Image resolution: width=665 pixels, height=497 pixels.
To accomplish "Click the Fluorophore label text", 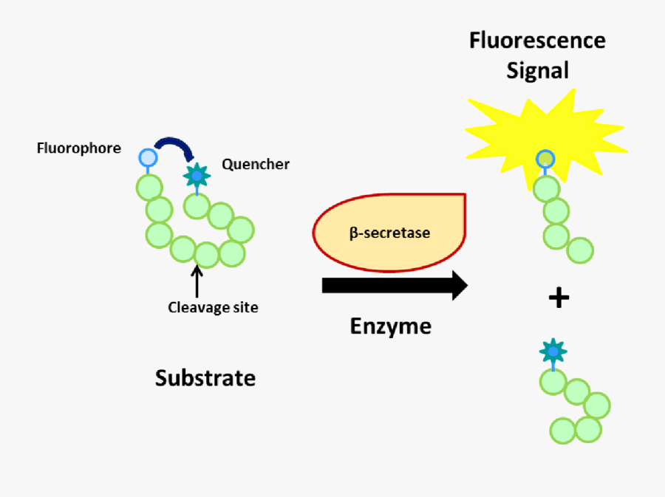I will [x=79, y=148].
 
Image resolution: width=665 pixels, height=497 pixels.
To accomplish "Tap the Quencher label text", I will [x=256, y=164].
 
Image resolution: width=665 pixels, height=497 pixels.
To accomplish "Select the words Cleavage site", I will [x=214, y=307].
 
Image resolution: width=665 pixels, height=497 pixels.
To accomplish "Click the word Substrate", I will [x=205, y=378].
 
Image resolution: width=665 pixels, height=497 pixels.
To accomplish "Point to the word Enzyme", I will [x=391, y=326].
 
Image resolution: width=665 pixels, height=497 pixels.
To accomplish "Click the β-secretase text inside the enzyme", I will [x=389, y=233].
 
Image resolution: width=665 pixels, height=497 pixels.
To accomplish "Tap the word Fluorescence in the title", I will [x=537, y=40].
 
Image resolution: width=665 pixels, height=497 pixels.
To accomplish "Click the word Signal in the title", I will [x=537, y=70].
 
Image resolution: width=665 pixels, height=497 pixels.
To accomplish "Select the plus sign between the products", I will [x=559, y=298].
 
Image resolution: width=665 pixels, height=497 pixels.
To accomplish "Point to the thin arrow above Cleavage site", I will [x=197, y=281].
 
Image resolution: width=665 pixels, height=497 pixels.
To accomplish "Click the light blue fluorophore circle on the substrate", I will [x=148, y=157].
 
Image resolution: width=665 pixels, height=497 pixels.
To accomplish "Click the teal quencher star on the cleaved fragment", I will [x=551, y=350].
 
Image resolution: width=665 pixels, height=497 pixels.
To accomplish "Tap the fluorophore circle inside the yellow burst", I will [x=545, y=158].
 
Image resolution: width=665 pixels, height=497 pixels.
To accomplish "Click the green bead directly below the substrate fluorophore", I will [x=149, y=188].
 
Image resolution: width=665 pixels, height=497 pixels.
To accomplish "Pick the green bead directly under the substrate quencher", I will [x=197, y=206].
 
